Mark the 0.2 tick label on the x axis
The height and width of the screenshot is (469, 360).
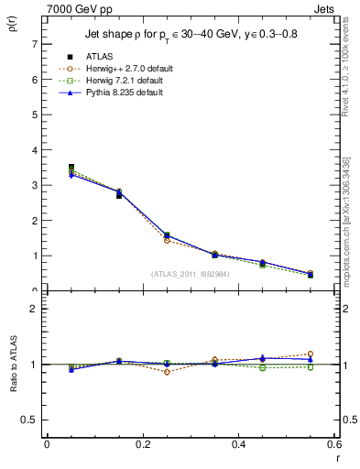click(143, 444)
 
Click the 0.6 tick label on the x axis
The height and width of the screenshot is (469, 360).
click(334, 444)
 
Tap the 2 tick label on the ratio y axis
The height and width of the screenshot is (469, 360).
click(34, 309)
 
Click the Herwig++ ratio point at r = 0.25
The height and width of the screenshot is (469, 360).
click(167, 372)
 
